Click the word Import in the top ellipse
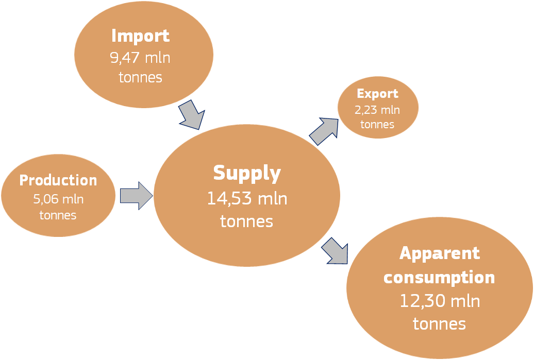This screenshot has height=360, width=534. [140, 36]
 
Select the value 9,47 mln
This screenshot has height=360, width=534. [140, 57]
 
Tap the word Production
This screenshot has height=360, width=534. [58, 180]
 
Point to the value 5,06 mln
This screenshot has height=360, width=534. [58, 199]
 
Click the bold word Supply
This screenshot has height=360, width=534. [247, 173]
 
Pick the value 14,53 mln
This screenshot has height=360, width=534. [247, 198]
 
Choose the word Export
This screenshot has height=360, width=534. [377, 94]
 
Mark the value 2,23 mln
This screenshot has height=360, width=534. [377, 110]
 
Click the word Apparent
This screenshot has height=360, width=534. [440, 253]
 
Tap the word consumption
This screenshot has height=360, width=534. [439, 278]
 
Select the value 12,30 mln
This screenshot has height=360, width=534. [440, 301]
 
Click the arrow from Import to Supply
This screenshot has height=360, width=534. [191, 114]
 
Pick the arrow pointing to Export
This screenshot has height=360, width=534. [323, 131]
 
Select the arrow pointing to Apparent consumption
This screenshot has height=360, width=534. [335, 251]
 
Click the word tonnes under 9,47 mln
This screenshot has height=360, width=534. [140, 78]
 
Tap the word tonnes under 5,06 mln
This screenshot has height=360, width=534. [58, 215]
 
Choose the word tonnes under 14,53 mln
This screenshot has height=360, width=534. [246, 221]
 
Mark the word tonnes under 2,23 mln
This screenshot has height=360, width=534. [377, 125]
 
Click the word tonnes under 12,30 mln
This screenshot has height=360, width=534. [440, 324]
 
